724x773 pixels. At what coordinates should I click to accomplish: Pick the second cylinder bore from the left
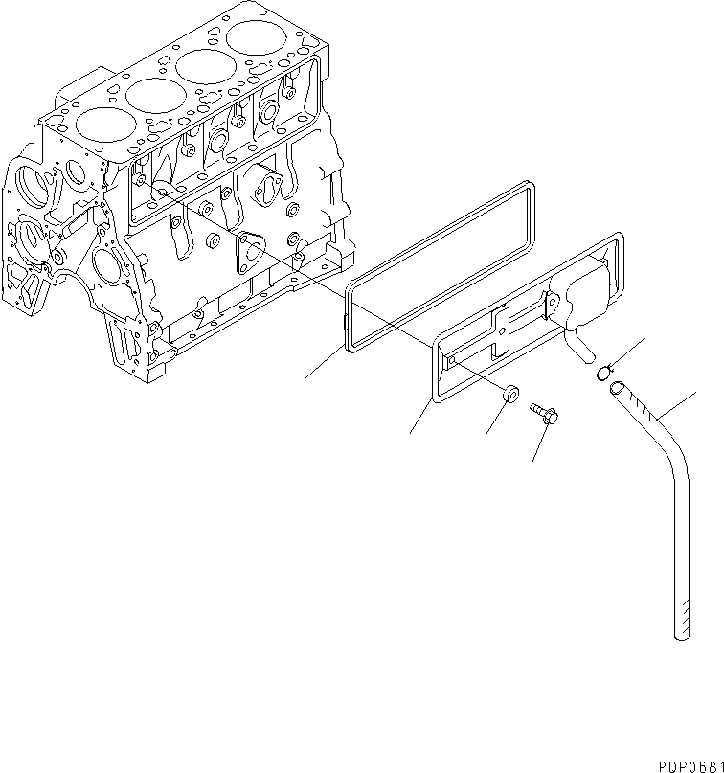coord(155,95)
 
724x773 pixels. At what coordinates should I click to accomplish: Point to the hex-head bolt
coord(547,415)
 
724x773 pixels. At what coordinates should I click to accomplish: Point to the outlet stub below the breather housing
coord(578,345)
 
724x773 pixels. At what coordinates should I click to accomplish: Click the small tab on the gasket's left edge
coord(345,327)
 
